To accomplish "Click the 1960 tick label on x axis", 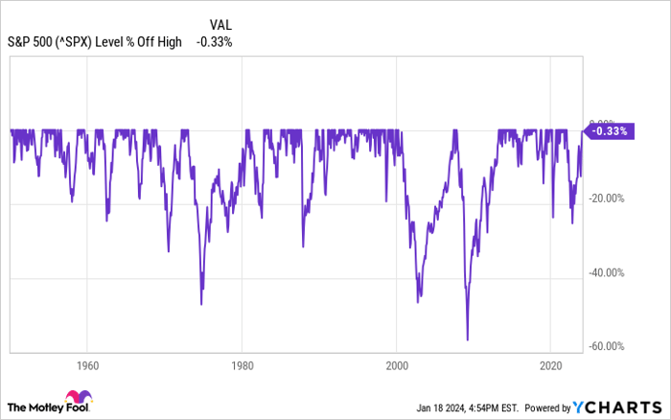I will point(87,365).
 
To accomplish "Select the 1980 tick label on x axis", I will point(242,365).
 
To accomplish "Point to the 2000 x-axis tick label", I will point(397,365).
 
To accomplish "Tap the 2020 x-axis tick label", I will point(551,365).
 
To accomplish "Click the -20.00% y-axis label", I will point(606,199).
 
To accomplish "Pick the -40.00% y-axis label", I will point(606,273).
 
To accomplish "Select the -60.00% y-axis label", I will point(606,347).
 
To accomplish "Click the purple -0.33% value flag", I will point(609,131).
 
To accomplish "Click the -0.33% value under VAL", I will point(214,41).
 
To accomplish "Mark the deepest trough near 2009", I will point(467,339).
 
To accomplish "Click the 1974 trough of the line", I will point(201,304).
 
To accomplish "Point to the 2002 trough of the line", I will point(418,302).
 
